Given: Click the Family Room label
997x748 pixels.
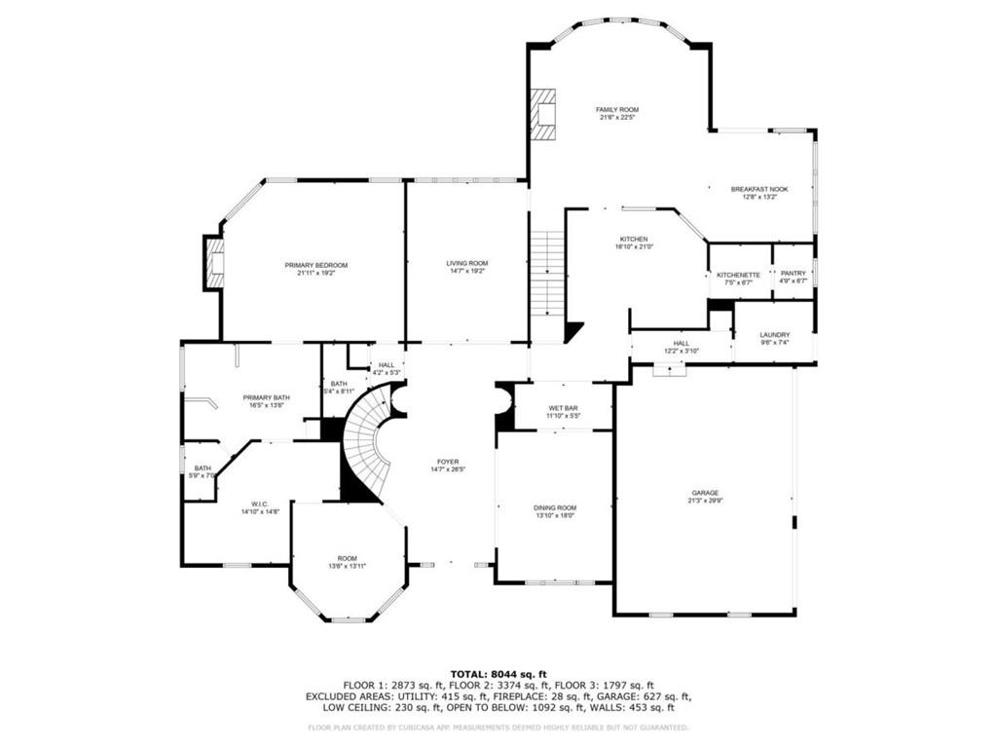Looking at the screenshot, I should pos(617,110).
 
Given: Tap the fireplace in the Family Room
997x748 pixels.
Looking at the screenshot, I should pos(542,114).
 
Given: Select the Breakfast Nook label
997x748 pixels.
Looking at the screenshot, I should pos(759,189).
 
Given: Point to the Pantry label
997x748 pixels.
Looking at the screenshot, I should pos(794,275).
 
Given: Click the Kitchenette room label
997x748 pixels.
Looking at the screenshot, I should pos(738,275).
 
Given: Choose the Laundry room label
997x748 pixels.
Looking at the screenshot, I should pos(775,334).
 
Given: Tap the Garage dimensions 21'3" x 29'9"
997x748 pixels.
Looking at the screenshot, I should pos(706,501).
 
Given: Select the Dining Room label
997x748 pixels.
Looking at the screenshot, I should pos(554,507).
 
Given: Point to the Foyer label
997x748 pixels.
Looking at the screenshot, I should pos(448,462).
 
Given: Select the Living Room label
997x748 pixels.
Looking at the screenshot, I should pos(467,263).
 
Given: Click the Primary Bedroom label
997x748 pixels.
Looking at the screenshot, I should pos(315,265).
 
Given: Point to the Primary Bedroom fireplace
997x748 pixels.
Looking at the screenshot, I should pos(214,263).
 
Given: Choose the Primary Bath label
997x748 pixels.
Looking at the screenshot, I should pos(266,397).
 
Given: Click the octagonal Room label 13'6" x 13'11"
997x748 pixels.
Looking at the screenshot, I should pos(348,558).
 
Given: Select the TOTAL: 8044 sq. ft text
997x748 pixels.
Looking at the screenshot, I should pos(498,673).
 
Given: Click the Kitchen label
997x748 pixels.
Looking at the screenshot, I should pos(634,239).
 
